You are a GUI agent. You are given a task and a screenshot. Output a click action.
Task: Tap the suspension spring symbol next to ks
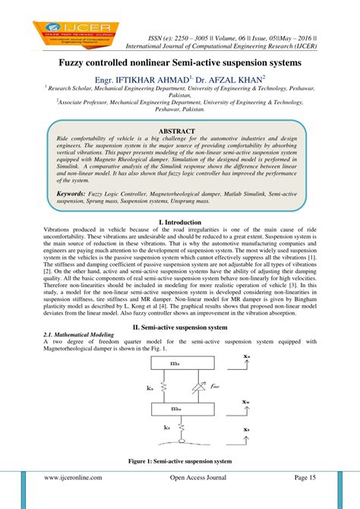156,386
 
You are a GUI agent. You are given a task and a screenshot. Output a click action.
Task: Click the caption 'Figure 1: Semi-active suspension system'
180,461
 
